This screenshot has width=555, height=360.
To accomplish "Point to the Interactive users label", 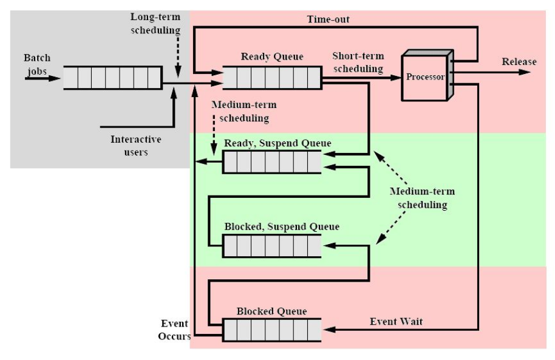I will coord(136,146).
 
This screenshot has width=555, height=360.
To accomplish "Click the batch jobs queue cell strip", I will coord(112,78).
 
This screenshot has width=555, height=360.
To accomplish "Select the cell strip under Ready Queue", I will coord(271,78).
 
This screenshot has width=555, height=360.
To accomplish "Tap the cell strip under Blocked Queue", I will coord(271,331).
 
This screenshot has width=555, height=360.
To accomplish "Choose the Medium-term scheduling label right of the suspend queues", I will coord(422,198).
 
